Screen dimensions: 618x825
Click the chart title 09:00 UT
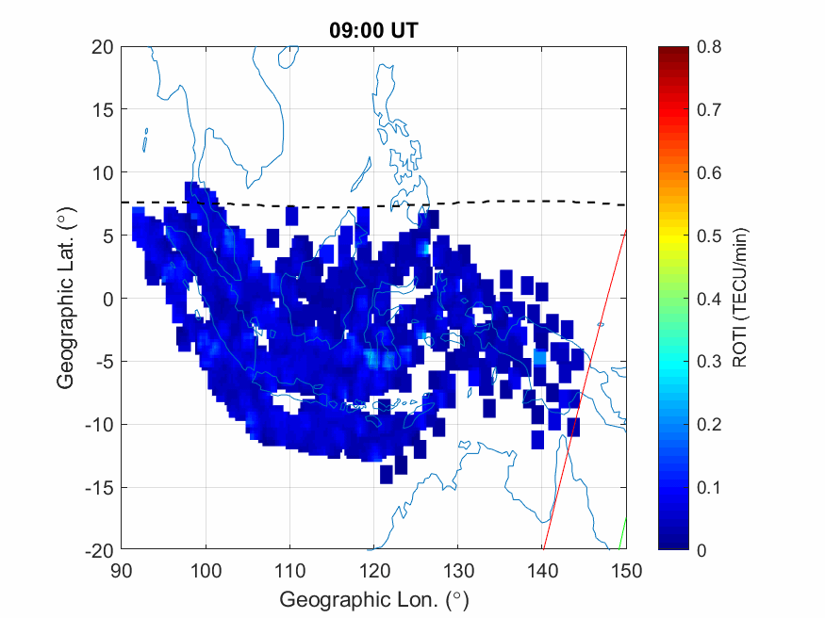[373, 30]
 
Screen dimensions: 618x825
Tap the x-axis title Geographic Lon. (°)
[373, 599]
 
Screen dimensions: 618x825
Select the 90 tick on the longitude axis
[122, 570]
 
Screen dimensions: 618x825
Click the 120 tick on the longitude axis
[374, 570]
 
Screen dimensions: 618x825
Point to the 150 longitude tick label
[627, 570]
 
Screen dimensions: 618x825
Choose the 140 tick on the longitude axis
[543, 570]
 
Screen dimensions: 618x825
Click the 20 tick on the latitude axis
[103, 47]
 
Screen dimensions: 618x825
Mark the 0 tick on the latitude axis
[108, 299]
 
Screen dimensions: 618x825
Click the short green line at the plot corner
[622, 533]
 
